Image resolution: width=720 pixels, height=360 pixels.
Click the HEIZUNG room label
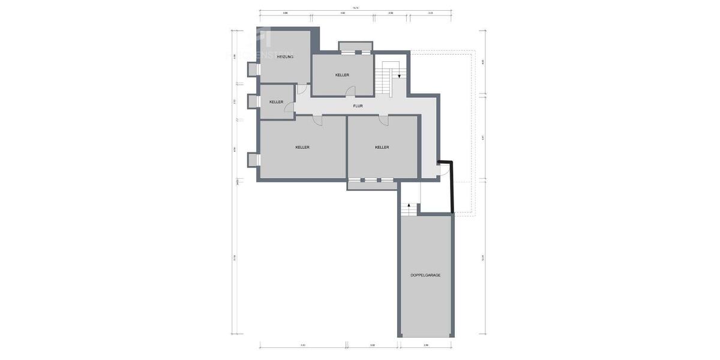pos(285,56)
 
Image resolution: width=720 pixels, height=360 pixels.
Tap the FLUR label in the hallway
pos(358,106)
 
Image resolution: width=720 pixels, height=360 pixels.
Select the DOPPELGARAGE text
pos(425,275)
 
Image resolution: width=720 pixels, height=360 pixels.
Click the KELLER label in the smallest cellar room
pos(276,102)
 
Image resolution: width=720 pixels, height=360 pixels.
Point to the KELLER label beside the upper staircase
pos(342,75)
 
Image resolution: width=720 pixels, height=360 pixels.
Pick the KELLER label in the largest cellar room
pos(302,147)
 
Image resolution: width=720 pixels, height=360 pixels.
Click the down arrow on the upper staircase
pos(399,76)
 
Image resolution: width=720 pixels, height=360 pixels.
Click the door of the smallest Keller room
pos(289,108)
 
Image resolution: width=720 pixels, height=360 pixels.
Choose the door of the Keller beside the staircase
pos(350,91)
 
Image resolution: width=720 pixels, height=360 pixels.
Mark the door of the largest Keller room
pos(317,121)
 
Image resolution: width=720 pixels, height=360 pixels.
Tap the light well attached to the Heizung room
pos(253,70)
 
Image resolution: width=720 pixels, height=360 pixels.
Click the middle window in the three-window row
pos(371,180)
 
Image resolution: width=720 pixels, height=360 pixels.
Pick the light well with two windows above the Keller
pos(355,47)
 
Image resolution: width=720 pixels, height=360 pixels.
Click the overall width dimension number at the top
pos(355,8)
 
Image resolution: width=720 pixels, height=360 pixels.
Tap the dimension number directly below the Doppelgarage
pos(426,345)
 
